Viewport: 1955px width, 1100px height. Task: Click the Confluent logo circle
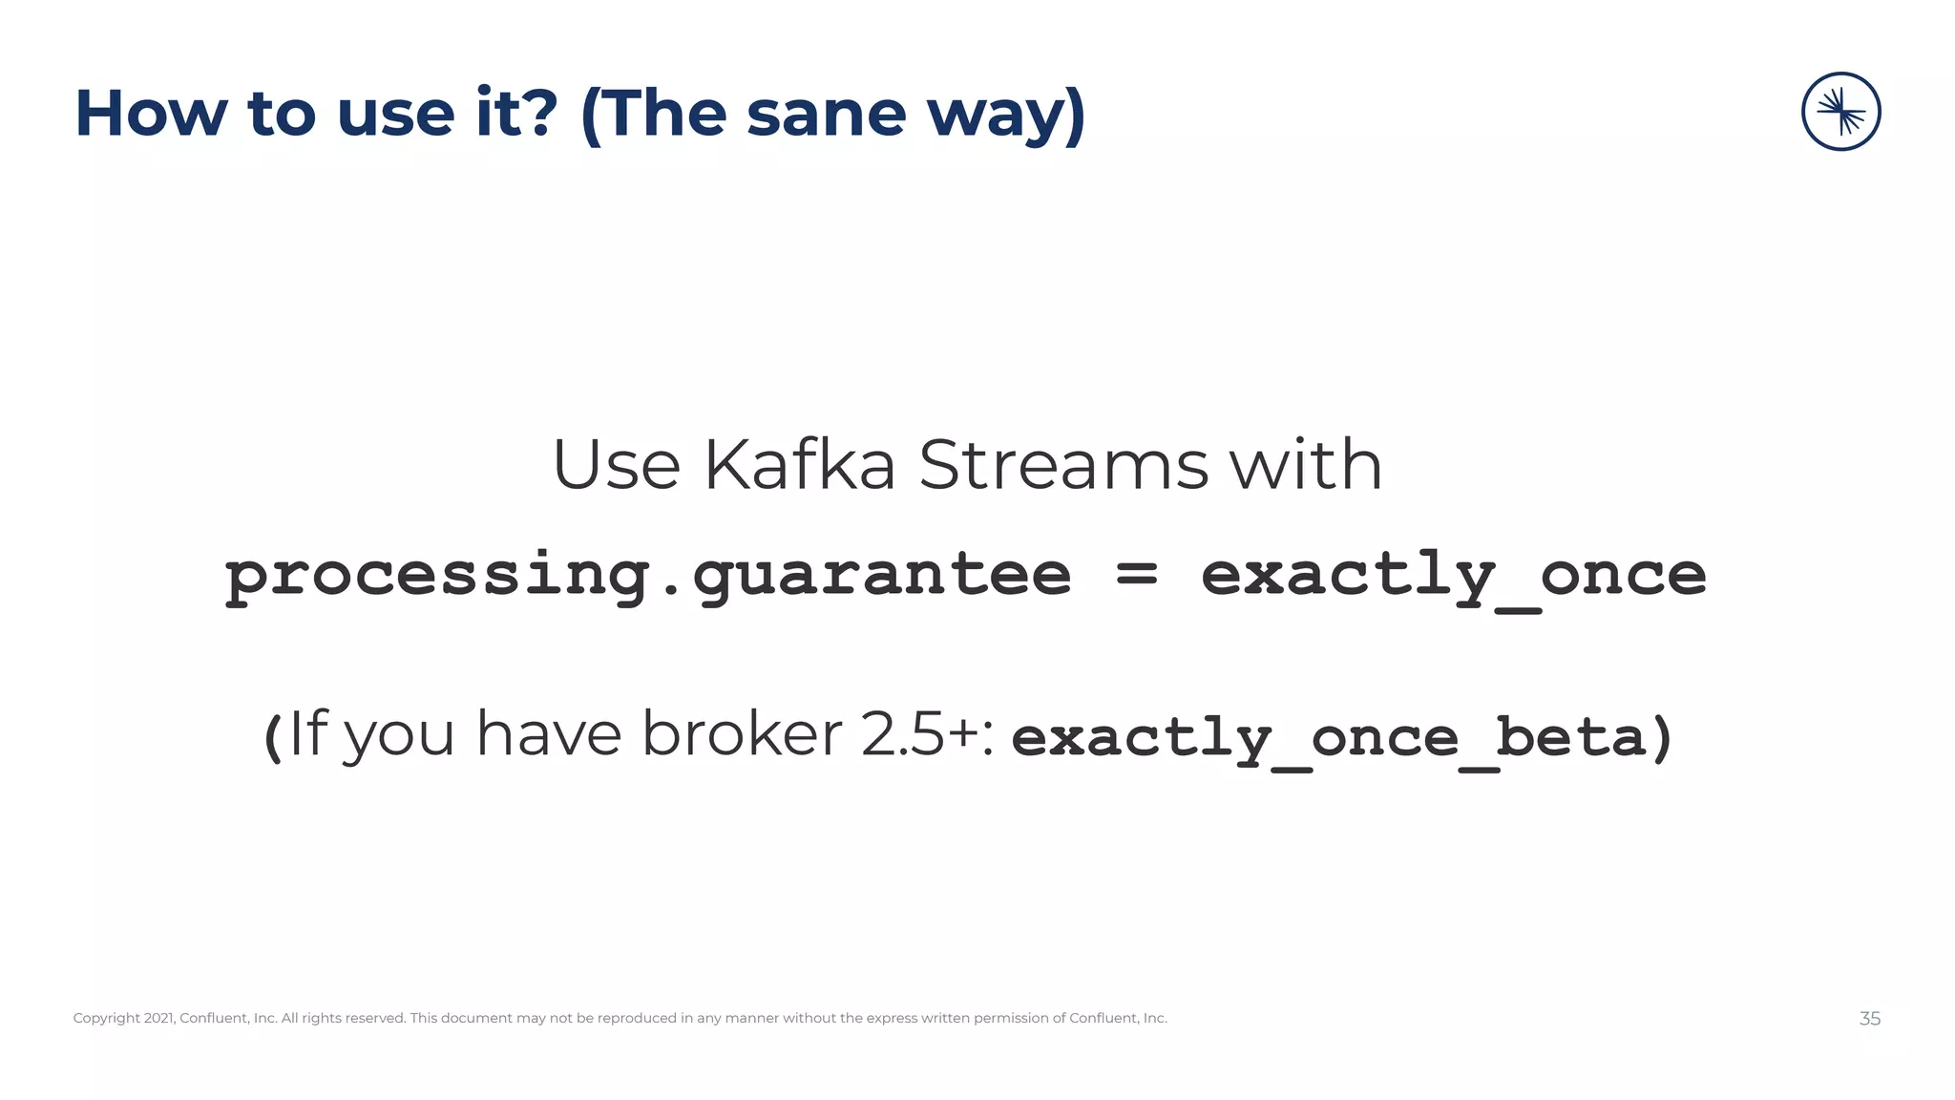click(1840, 112)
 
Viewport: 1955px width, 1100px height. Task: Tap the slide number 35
click(1869, 1019)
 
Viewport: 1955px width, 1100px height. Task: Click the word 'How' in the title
click(151, 114)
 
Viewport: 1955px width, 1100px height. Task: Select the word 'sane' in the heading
click(826, 114)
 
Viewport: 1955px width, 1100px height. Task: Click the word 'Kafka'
click(800, 466)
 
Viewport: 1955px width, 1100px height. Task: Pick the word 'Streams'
click(1063, 466)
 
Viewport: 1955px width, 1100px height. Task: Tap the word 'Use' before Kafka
click(617, 466)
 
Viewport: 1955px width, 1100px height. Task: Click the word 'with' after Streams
click(1306, 466)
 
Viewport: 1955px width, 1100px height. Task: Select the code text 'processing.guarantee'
click(648, 576)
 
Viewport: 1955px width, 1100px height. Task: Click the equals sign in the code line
click(1136, 576)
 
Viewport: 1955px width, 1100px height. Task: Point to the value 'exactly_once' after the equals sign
click(1453, 576)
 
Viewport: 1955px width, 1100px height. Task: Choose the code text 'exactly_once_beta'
click(1329, 738)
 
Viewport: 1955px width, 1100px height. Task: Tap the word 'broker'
click(742, 735)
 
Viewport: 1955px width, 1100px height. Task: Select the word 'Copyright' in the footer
click(107, 1019)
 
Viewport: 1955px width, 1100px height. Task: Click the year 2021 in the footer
click(159, 1019)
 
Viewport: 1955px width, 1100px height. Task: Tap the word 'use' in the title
click(395, 114)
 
